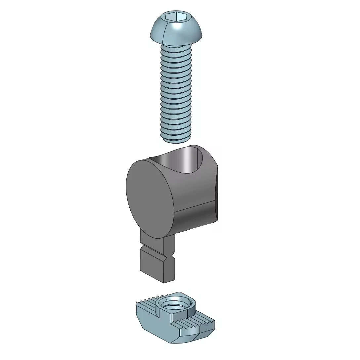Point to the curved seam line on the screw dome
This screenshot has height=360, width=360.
(x=164, y=31)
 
